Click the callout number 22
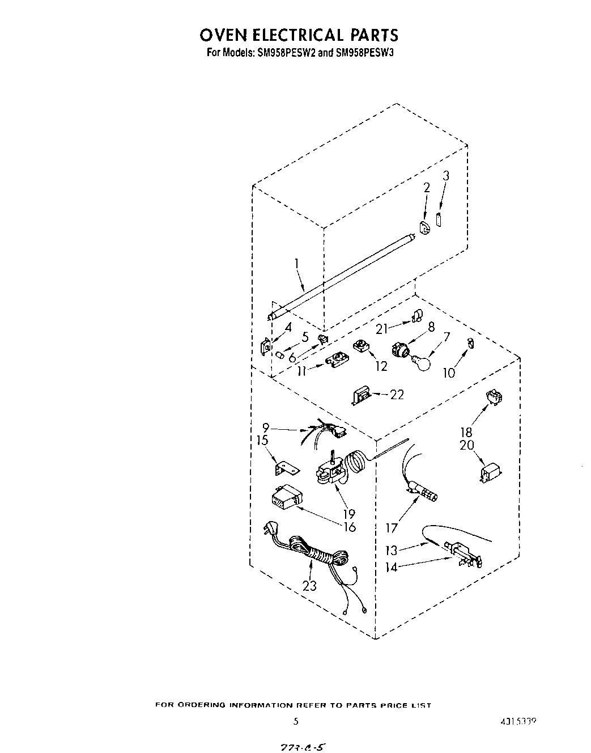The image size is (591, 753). coord(397,395)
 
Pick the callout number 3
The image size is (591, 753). coord(446,176)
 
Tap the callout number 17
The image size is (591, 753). coord(392,528)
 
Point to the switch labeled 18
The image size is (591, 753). coord(494,398)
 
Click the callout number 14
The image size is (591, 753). coord(392,566)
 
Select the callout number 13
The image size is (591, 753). coord(392,550)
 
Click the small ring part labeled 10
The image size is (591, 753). coord(470,343)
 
